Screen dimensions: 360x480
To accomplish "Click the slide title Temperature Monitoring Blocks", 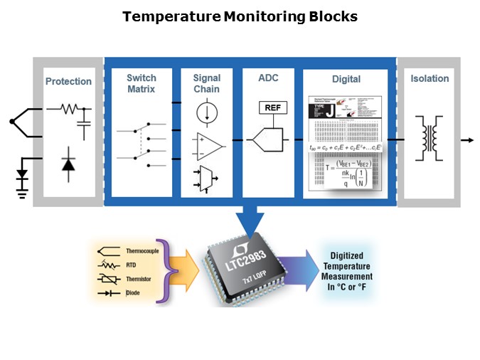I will [x=240, y=16].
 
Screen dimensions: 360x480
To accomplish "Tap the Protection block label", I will [x=68, y=81].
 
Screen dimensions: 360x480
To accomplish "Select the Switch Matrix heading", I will [x=141, y=83].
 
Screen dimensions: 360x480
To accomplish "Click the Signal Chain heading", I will [x=206, y=83].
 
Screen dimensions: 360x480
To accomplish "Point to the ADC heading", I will [x=269, y=78].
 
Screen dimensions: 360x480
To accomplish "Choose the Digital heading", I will [x=346, y=79].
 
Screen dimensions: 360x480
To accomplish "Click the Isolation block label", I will [x=430, y=78].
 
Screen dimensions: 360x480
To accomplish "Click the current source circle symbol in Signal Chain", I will [x=207, y=114].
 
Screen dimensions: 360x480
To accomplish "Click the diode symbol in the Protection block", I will [x=68, y=164].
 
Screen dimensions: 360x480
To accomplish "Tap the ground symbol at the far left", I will [x=22, y=186].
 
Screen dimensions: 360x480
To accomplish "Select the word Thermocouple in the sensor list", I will [x=142, y=251].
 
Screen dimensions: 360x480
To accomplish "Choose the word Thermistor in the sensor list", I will [x=139, y=279].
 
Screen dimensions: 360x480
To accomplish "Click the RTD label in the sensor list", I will [x=131, y=265].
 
